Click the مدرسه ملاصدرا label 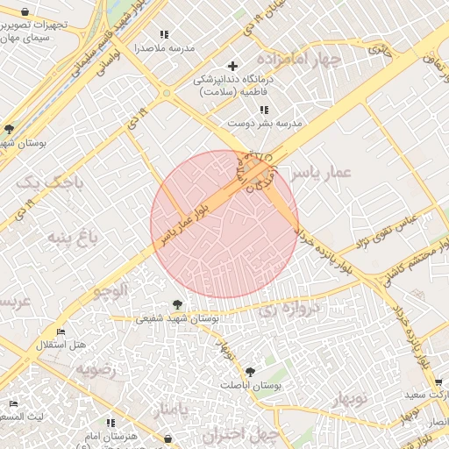164,48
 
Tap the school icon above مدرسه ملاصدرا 164,35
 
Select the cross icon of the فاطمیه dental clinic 232,67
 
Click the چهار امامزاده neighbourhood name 305,60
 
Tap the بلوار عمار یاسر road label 184,219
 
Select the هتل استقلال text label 61,345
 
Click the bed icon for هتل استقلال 60,331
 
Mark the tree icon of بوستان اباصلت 250,372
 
